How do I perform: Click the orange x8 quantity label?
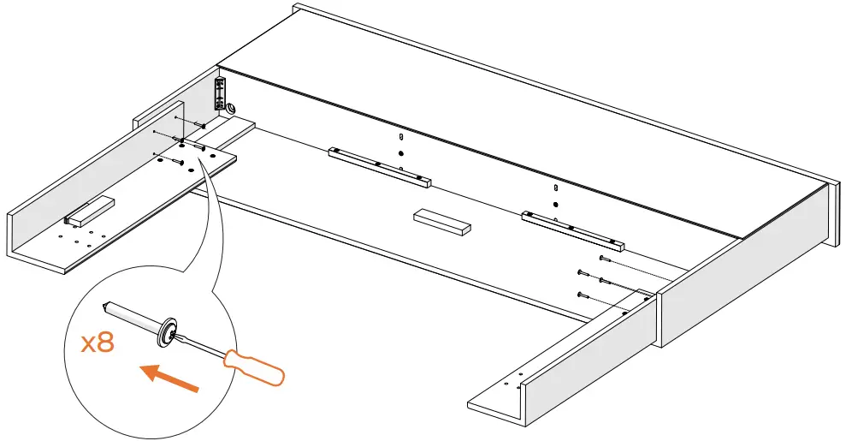click(x=97, y=343)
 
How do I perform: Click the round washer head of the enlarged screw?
click(x=166, y=330)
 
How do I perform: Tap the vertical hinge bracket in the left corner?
click(x=220, y=92)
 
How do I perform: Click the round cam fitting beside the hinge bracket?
click(x=231, y=108)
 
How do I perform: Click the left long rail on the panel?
click(x=379, y=167)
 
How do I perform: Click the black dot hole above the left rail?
click(x=401, y=153)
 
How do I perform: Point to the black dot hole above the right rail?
click(x=556, y=205)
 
